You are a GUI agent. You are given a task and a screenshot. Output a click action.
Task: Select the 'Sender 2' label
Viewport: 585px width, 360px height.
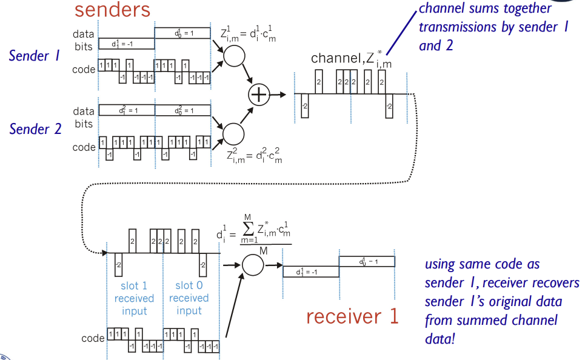(36, 129)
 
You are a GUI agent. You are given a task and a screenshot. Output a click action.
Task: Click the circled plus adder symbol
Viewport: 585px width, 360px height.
(259, 95)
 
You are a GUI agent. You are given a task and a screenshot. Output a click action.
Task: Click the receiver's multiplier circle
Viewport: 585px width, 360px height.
(253, 264)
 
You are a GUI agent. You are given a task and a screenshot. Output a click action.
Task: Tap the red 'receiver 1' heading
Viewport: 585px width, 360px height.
(352, 316)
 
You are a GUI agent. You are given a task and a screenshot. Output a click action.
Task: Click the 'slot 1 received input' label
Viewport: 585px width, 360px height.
(134, 298)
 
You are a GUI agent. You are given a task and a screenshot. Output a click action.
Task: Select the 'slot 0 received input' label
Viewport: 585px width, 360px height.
(189, 298)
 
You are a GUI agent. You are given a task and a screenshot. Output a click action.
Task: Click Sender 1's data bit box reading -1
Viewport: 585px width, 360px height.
(125, 44)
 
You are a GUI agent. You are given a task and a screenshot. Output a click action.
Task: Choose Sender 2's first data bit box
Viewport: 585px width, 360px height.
(126, 110)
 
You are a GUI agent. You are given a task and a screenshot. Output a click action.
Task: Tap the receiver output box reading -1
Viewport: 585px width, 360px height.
(310, 272)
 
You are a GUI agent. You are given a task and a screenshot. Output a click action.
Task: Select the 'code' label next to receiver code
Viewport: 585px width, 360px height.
(93, 338)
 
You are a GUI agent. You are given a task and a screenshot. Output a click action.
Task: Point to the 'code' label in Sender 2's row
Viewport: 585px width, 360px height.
(84, 147)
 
